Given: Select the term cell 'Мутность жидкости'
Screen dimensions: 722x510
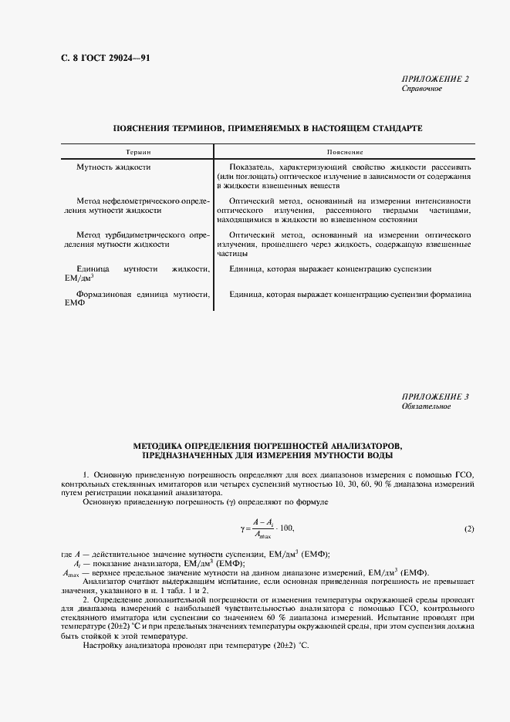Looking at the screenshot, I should (113, 167).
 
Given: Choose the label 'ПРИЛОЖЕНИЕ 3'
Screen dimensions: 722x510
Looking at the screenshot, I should (435, 396).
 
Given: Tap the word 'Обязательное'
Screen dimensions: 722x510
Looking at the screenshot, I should (426, 407).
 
